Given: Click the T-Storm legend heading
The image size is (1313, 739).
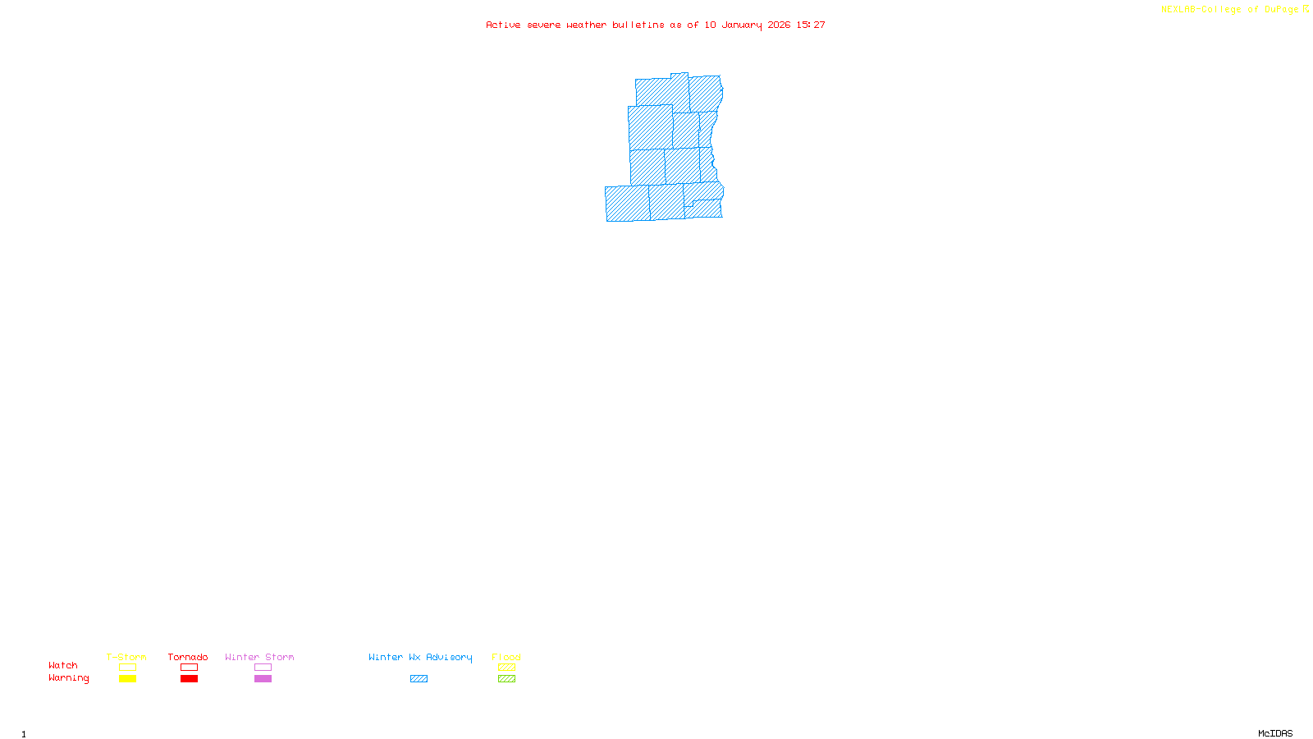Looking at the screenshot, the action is pyautogui.click(x=126, y=657).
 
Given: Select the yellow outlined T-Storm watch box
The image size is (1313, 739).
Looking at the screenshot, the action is pyautogui.click(x=127, y=668).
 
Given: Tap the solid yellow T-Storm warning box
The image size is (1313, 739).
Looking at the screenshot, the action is pyautogui.click(x=127, y=679).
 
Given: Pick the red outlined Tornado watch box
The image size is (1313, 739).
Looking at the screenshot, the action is pyautogui.click(x=189, y=668).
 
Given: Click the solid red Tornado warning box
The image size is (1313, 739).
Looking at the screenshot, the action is pyautogui.click(x=189, y=679).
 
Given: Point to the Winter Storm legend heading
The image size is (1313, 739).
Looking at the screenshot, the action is pyautogui.click(x=259, y=657).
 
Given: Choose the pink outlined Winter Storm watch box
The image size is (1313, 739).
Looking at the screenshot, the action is pyautogui.click(x=263, y=668).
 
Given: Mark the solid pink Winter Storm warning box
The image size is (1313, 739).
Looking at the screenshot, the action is pyautogui.click(x=263, y=679).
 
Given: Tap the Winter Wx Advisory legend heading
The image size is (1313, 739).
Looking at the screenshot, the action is pyautogui.click(x=420, y=657).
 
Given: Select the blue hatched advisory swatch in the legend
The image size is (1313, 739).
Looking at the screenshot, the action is pyautogui.click(x=419, y=679).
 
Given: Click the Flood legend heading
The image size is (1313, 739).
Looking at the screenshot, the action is pyautogui.click(x=506, y=657).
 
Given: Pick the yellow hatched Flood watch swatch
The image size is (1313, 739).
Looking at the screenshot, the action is pyautogui.click(x=506, y=668).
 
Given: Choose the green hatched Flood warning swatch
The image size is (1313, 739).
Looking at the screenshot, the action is pyautogui.click(x=506, y=679).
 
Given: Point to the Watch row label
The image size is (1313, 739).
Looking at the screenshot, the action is pyautogui.click(x=63, y=665).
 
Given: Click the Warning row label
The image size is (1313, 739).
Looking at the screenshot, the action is pyautogui.click(x=69, y=678).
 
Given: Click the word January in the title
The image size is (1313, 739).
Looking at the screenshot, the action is pyautogui.click(x=742, y=25).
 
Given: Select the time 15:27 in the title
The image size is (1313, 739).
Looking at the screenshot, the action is pyautogui.click(x=811, y=25).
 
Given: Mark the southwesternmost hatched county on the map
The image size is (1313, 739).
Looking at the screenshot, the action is pyautogui.click(x=628, y=204).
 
